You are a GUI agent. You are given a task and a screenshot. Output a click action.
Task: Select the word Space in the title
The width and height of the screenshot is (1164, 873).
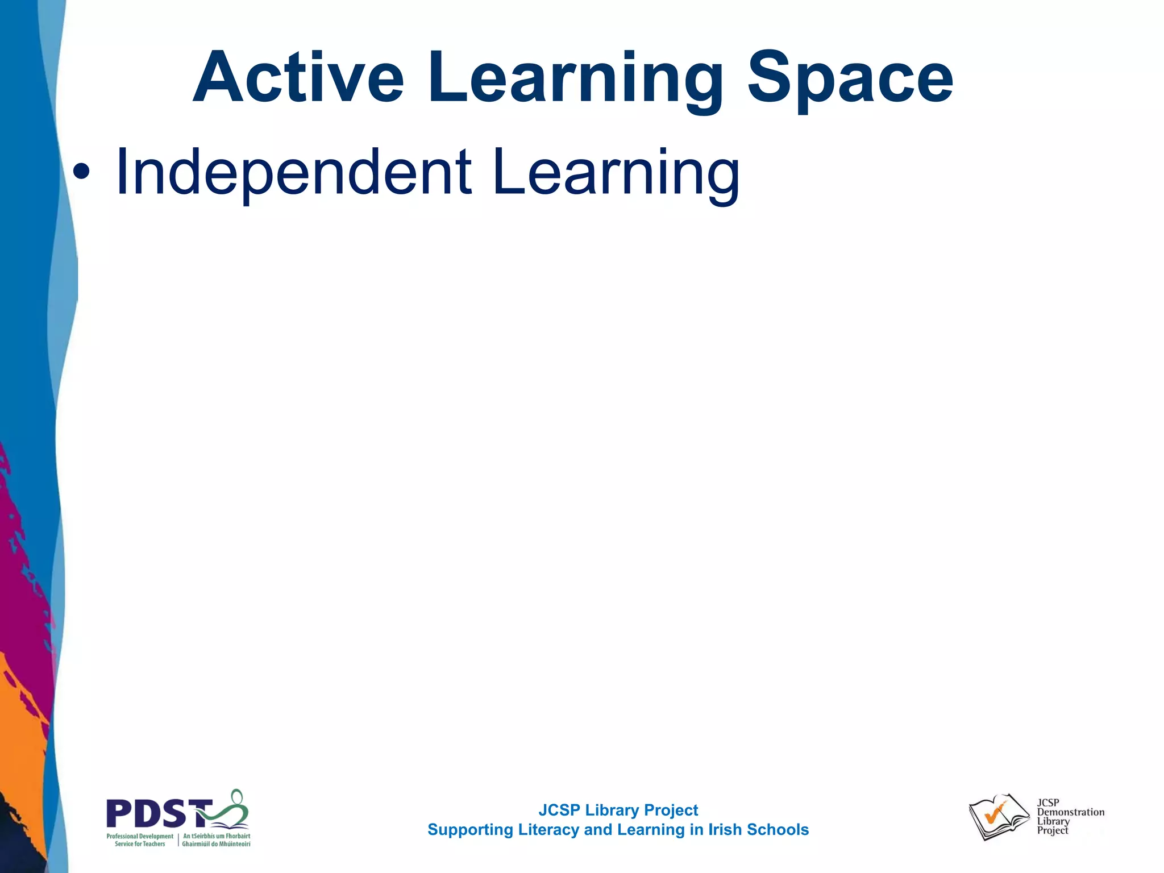[850, 80]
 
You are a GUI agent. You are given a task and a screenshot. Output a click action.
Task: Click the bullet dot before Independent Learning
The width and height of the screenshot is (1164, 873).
[82, 172]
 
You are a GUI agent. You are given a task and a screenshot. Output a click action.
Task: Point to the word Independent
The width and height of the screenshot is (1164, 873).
[293, 172]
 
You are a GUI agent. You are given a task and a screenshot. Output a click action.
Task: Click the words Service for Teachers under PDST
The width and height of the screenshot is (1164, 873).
[140, 844]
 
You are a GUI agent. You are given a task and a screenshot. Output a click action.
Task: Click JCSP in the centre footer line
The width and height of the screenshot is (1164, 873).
[559, 810]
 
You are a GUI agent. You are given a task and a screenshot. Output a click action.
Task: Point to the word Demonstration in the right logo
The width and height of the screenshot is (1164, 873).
[1071, 812]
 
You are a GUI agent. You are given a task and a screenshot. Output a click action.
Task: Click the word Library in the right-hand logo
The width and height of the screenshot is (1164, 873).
[1053, 821]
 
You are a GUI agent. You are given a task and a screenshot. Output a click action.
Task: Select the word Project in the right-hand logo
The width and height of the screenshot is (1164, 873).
[1053, 830]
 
